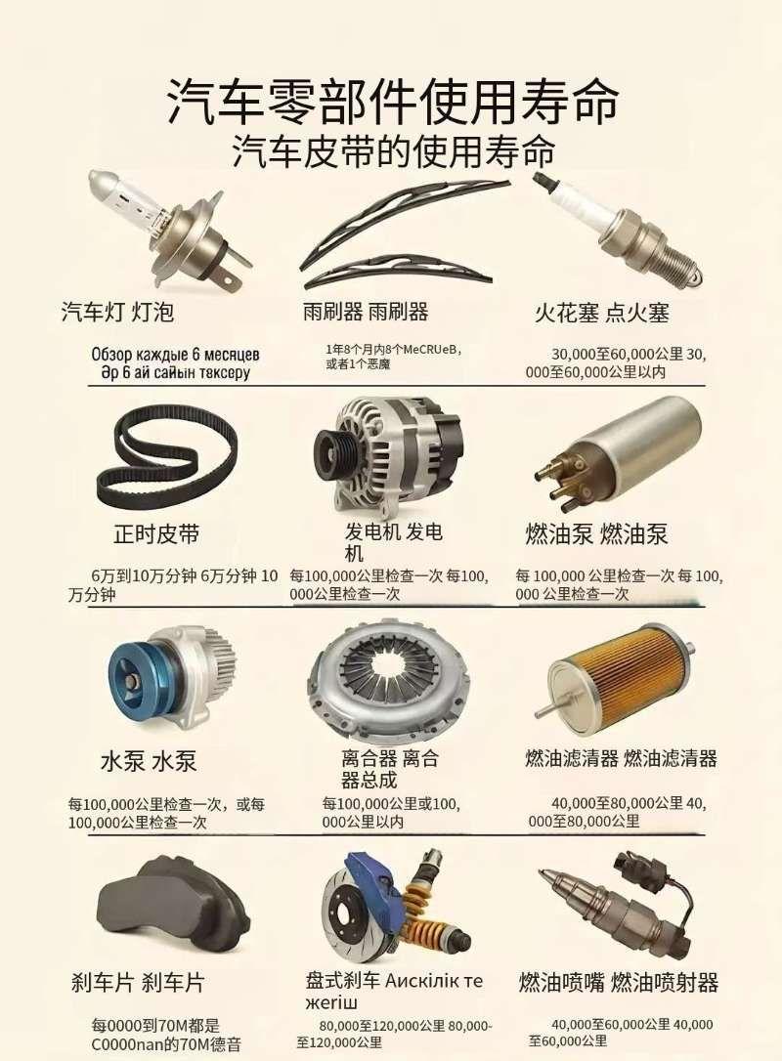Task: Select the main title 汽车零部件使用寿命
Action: [392, 101]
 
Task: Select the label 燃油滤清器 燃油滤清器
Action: [621, 758]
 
